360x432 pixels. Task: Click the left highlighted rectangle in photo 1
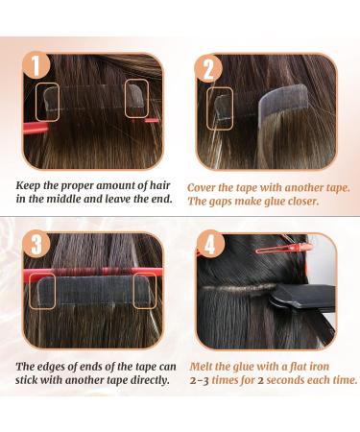[x=50, y=97]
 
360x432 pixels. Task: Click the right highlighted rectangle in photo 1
[x=134, y=93]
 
